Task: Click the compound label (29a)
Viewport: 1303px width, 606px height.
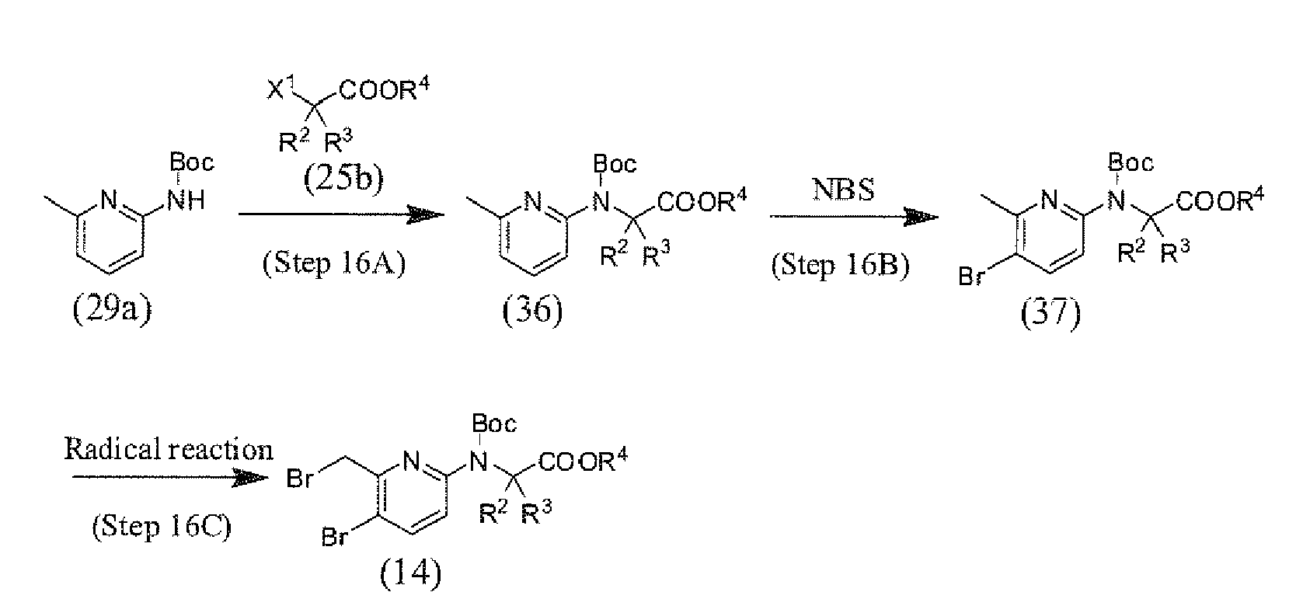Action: pos(112,308)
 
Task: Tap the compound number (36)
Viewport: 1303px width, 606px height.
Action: pos(532,311)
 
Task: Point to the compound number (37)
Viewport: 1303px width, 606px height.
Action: pos(1050,314)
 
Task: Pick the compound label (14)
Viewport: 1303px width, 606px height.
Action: pos(411,575)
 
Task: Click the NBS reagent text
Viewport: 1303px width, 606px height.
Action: pos(843,190)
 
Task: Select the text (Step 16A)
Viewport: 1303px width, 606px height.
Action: pos(333,263)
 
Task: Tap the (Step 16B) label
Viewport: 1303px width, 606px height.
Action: pos(840,266)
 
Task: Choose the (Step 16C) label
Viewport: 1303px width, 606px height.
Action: pos(161,526)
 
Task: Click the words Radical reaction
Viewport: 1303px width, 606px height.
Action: pos(168,450)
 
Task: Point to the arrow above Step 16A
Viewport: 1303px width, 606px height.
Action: pos(341,214)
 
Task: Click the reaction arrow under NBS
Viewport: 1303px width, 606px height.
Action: pos(854,217)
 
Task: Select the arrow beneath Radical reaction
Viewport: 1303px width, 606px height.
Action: pos(170,478)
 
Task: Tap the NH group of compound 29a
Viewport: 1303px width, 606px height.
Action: pos(186,200)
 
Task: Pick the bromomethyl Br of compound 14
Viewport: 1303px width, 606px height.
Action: pos(300,479)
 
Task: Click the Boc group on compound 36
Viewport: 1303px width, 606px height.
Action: pos(615,164)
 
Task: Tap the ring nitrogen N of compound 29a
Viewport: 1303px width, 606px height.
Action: pos(109,200)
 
